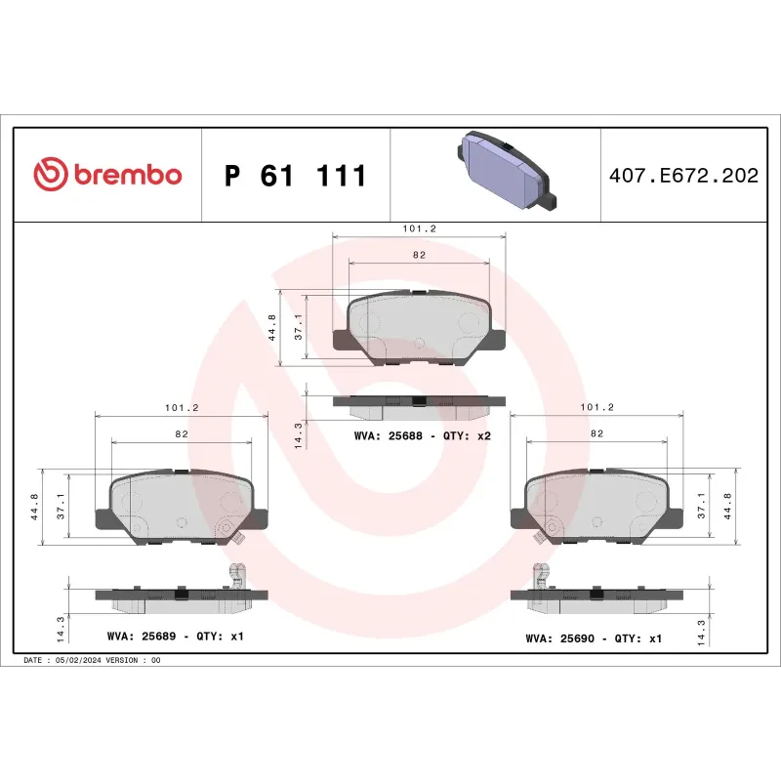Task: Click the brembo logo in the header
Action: coord(107,175)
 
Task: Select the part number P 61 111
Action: coord(295,176)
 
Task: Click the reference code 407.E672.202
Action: coord(683,176)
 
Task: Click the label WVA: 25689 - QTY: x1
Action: coord(175,636)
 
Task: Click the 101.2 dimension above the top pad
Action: coord(419,227)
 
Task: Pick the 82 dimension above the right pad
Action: coord(596,432)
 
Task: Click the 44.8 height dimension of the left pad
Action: coord(36,506)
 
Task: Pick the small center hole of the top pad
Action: coord(420,343)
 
